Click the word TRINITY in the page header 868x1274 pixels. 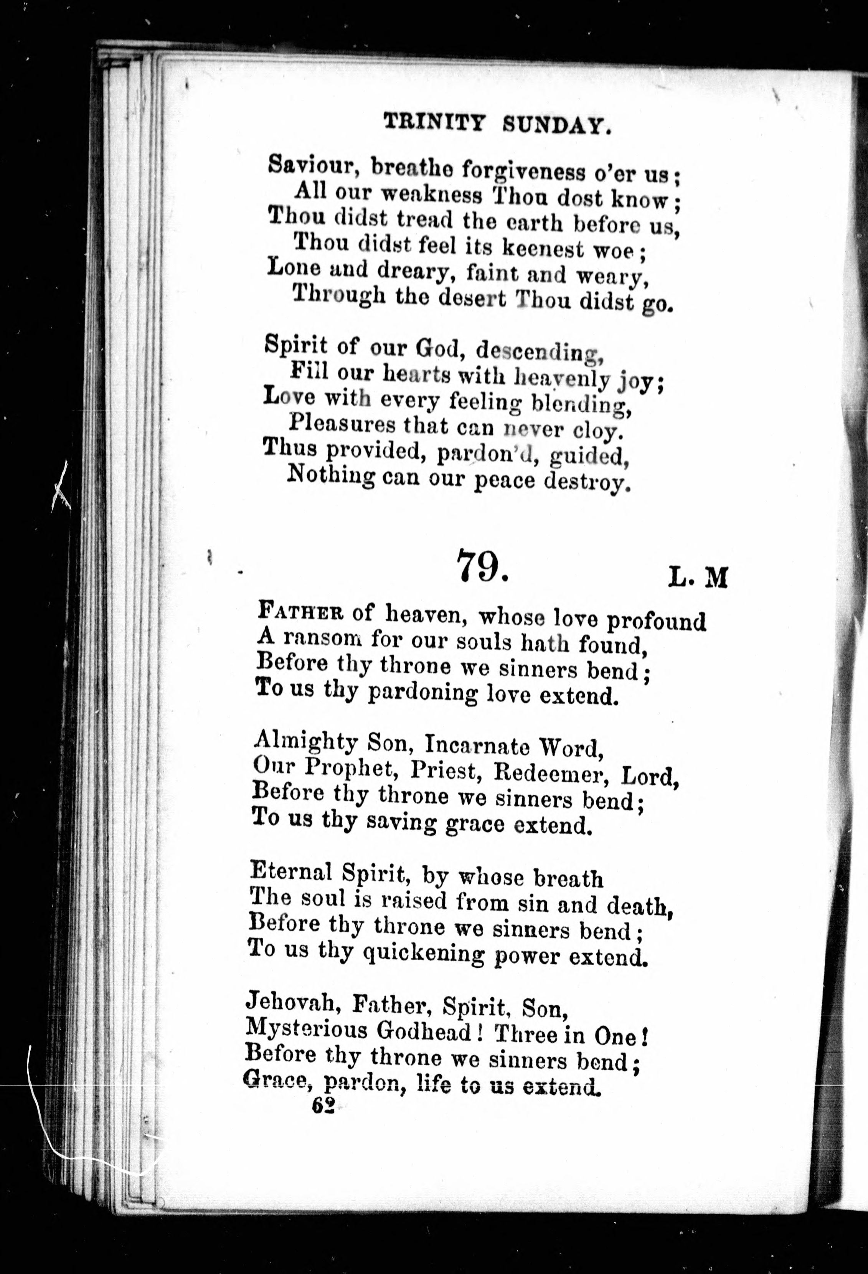pyautogui.click(x=435, y=122)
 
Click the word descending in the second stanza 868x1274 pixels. pyautogui.click(x=540, y=351)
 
